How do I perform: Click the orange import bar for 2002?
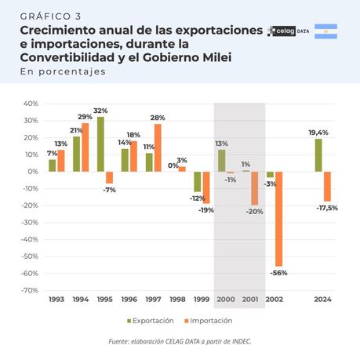279,219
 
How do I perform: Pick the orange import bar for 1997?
158,147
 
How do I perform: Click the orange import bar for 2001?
255,188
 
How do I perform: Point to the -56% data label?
279,273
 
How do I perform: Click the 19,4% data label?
319,133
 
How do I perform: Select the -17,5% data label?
328,208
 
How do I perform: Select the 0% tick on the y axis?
31,172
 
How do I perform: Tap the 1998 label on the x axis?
178,300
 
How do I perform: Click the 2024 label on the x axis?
322,300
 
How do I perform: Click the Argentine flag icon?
325,31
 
